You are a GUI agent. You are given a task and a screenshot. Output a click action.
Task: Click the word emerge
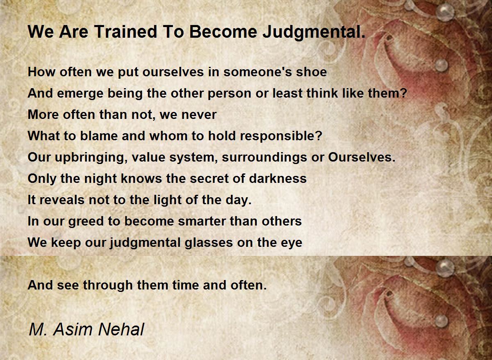tap(80, 94)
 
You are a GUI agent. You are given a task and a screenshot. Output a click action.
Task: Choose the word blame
tap(99, 136)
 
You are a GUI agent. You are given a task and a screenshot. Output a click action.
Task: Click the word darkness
tap(278, 178)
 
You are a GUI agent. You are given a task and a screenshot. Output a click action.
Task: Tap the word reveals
tap(62, 200)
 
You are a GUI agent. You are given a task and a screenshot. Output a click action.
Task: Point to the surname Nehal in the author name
tap(121, 329)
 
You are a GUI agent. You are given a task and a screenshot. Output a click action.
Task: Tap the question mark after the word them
tap(404, 93)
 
